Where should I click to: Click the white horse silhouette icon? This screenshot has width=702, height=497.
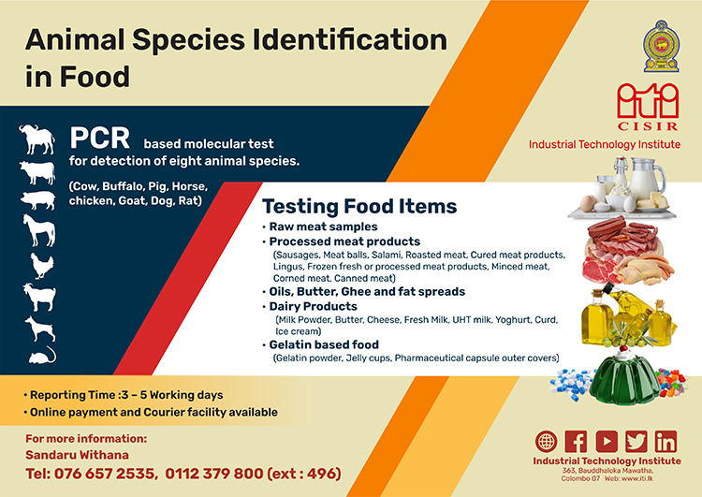click(x=39, y=230)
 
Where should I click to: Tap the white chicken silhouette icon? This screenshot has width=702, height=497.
click(x=42, y=266)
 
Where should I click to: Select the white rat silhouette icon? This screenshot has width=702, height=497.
click(x=42, y=355)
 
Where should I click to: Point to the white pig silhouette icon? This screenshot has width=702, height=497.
click(x=38, y=199)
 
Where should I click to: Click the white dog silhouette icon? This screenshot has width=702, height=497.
click(x=40, y=329)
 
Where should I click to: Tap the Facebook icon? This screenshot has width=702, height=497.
click(x=576, y=442)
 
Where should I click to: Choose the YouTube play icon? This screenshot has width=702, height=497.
click(x=607, y=442)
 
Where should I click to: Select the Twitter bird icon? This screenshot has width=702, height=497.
click(x=636, y=442)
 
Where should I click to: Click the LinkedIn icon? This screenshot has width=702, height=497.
click(x=665, y=442)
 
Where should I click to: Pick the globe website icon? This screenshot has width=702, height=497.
click(x=547, y=442)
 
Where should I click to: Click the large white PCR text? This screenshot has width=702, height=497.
click(x=100, y=138)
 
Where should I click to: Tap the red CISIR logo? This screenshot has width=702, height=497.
click(x=648, y=107)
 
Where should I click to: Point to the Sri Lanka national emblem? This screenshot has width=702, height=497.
click(x=661, y=46)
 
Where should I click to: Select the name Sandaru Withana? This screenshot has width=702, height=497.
click(x=77, y=455)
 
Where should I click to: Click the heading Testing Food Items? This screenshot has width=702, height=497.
click(x=359, y=207)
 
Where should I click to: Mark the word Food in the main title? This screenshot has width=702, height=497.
click(x=95, y=77)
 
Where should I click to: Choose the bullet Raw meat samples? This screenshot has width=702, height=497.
click(x=323, y=227)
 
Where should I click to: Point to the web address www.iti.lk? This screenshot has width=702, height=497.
click(x=637, y=478)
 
